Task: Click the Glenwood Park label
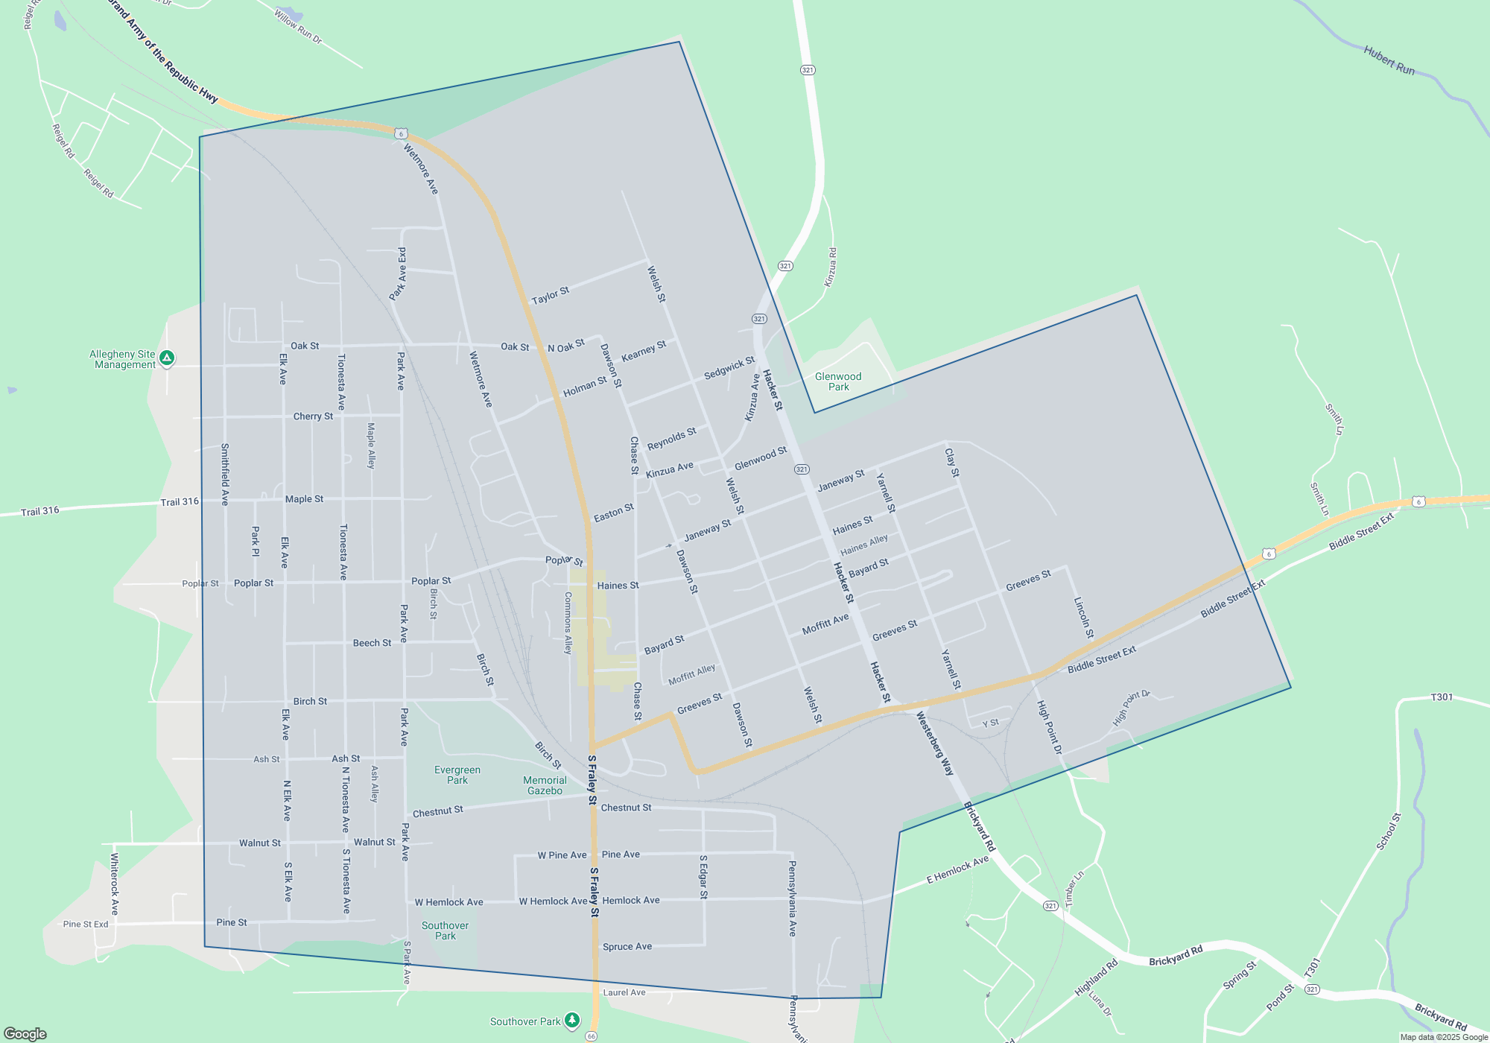click(x=838, y=381)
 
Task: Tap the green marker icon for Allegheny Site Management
click(x=167, y=358)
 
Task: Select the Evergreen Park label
click(x=457, y=775)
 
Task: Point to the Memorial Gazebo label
click(x=545, y=785)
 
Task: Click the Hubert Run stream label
click(x=1389, y=60)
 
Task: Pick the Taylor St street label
click(x=550, y=296)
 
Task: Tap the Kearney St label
click(x=644, y=351)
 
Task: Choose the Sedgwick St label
click(x=729, y=367)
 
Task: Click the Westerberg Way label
click(x=934, y=744)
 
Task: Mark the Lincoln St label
click(x=1083, y=618)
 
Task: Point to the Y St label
click(x=990, y=723)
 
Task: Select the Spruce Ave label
click(x=627, y=947)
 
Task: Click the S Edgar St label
click(x=703, y=877)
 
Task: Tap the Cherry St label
click(x=313, y=416)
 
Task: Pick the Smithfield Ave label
click(x=225, y=475)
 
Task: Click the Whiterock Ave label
click(x=115, y=884)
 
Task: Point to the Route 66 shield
click(x=592, y=1036)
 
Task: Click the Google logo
click(x=25, y=1034)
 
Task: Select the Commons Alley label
click(x=568, y=623)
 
